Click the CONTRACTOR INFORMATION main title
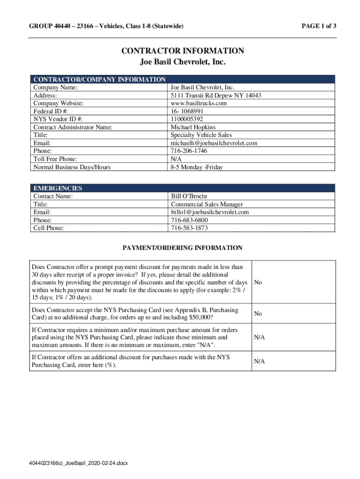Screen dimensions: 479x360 tap(183, 51)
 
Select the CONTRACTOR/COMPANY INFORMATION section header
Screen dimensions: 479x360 tap(99, 80)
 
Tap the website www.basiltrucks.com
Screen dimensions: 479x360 tap(199, 103)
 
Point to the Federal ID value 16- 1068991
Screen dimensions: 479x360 tap(187, 111)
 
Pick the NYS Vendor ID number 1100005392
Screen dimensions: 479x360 tap(187, 119)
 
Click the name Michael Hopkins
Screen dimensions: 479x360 tap(193, 127)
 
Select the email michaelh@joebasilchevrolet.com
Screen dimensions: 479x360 tap(214, 143)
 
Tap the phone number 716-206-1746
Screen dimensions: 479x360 tap(189, 151)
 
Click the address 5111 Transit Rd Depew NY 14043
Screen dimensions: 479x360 tap(216, 95)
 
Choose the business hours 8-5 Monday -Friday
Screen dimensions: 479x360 tap(197, 167)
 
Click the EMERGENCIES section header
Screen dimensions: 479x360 tap(58, 188)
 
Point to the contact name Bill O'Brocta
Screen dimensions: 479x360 tap(189, 196)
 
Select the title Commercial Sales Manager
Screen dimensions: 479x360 tap(207, 204)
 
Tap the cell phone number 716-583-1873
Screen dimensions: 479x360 tap(189, 228)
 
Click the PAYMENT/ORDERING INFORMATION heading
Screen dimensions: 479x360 tap(182, 248)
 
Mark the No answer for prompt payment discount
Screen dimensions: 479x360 tap(258, 283)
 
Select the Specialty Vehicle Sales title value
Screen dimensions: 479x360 tap(202, 135)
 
